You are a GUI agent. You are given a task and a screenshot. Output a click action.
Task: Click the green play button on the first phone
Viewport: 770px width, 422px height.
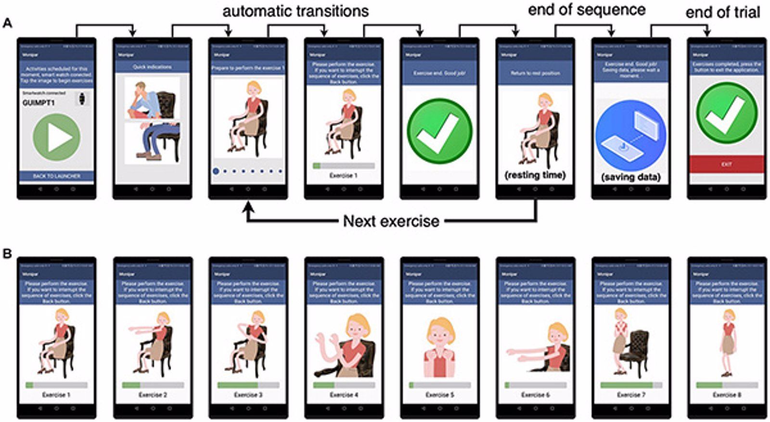click(x=57, y=137)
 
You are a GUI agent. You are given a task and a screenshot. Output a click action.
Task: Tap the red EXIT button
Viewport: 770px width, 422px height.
click(x=726, y=164)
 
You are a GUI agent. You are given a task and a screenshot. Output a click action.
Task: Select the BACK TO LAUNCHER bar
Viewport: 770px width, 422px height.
click(x=57, y=176)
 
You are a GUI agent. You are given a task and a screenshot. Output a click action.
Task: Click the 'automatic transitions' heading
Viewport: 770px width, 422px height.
click(x=295, y=11)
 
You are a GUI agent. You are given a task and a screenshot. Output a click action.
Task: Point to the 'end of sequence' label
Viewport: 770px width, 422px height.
click(x=587, y=10)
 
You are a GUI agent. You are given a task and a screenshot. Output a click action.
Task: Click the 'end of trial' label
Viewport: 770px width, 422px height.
click(x=722, y=12)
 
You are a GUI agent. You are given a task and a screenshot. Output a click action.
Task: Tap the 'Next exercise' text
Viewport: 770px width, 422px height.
click(x=391, y=221)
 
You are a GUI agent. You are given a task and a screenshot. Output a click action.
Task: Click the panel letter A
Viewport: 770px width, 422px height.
click(x=7, y=23)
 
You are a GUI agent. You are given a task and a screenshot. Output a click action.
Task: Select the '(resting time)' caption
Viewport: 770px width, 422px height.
click(x=535, y=175)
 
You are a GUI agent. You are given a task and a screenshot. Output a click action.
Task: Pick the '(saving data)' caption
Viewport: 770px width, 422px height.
click(x=630, y=177)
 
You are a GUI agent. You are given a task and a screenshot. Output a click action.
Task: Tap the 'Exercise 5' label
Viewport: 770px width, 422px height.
click(x=439, y=395)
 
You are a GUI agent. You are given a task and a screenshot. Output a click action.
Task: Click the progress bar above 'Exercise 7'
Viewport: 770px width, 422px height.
click(x=631, y=385)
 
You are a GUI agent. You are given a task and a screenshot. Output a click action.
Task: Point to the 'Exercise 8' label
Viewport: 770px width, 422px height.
click(x=727, y=395)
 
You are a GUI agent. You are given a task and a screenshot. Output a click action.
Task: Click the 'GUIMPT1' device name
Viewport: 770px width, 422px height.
click(x=38, y=103)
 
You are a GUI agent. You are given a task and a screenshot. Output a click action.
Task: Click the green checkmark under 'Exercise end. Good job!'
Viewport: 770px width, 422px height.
click(x=439, y=131)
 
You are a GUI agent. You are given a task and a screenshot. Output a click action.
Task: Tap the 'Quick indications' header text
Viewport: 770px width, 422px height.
click(x=152, y=67)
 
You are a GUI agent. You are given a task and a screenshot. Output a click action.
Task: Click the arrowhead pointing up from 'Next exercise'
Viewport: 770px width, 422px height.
click(x=248, y=209)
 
